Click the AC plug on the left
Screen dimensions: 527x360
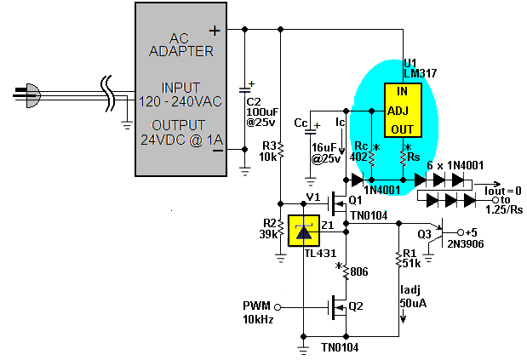[27, 95]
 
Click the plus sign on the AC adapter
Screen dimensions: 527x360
[215, 31]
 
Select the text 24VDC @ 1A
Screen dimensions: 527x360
[181, 140]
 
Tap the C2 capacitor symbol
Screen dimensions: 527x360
[245, 89]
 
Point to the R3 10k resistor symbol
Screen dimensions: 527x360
[281, 151]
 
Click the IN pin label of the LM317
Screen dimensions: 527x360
[403, 91]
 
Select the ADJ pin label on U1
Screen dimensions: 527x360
[398, 111]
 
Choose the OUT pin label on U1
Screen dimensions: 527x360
[402, 129]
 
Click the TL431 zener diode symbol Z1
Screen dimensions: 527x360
[304, 231]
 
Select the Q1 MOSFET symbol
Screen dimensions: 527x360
[337, 203]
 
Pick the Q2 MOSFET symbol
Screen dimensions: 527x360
[337, 307]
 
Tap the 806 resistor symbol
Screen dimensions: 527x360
[347, 271]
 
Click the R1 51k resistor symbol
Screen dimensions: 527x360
[399, 259]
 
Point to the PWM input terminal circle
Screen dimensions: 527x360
[278, 307]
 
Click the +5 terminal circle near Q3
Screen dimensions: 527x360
[461, 232]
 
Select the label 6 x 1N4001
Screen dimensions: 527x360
[455, 165]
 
